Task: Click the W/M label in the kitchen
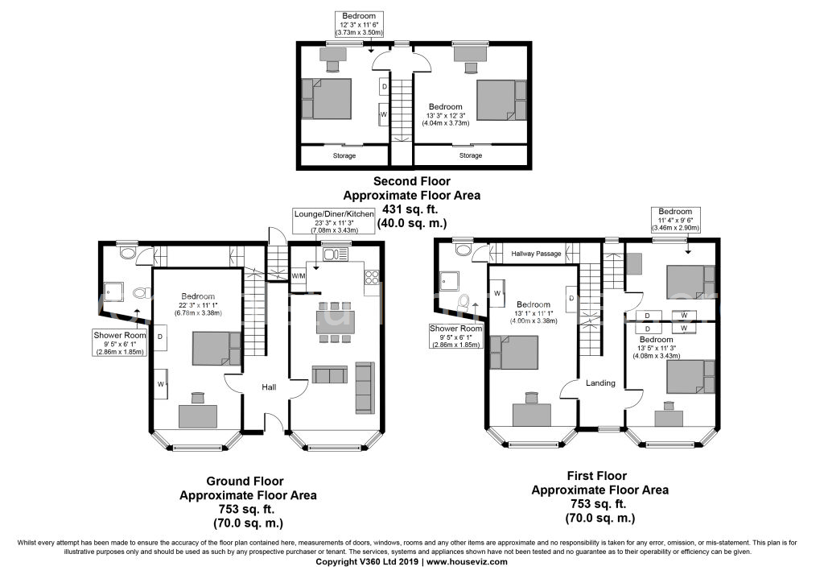tap(299, 275)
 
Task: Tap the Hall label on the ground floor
tap(269, 388)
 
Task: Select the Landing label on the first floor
tap(601, 383)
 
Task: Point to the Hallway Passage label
tap(536, 254)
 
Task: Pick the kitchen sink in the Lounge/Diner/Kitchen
tap(333, 257)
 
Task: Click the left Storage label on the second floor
tap(345, 155)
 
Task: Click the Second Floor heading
tap(411, 182)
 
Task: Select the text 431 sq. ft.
tap(411, 209)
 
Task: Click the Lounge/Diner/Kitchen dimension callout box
tap(332, 221)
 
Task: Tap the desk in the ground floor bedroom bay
tap(198, 416)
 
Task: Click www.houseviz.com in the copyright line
tap(468, 562)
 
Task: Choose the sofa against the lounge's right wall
tap(365, 387)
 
